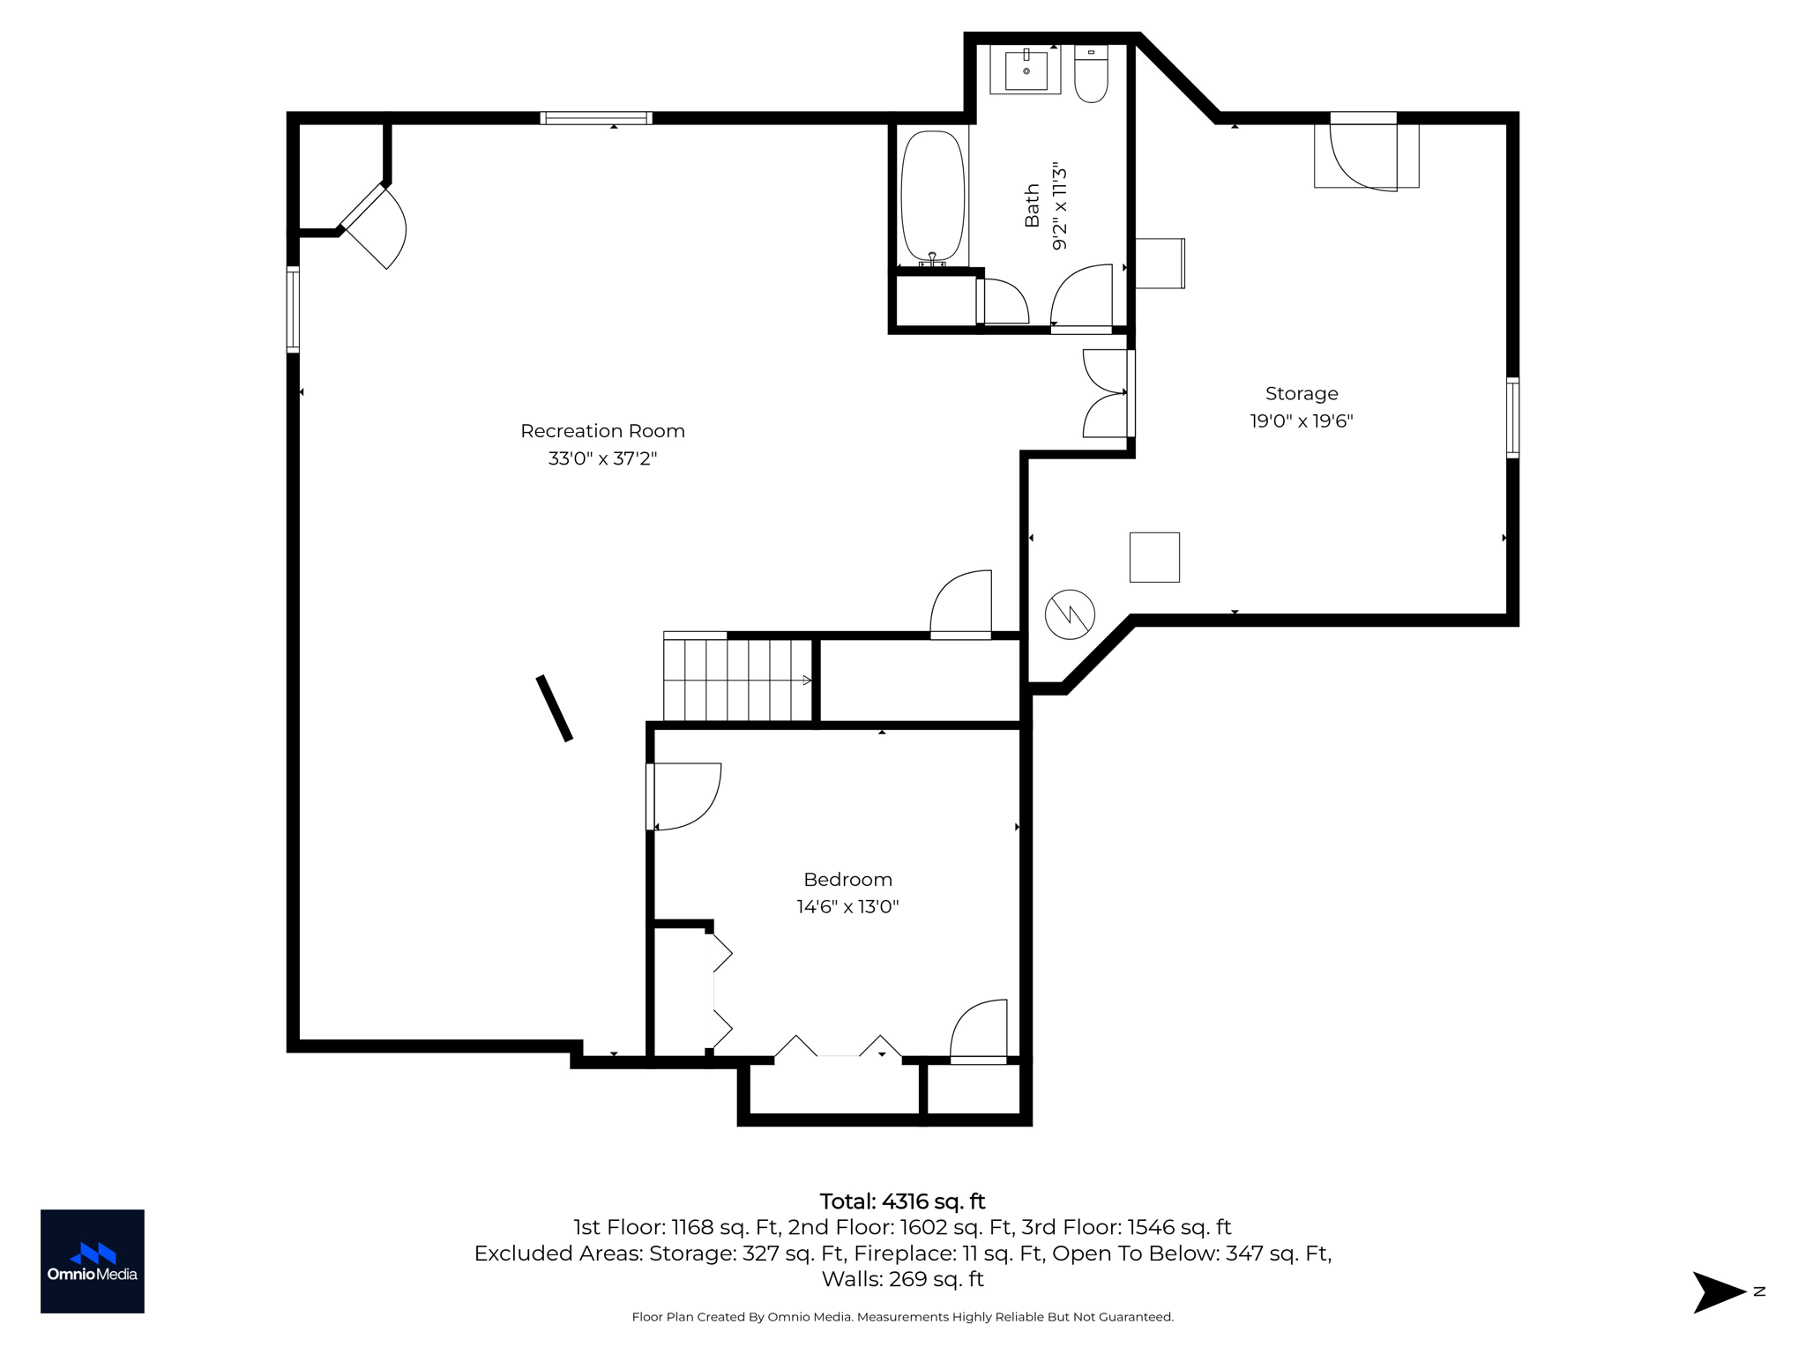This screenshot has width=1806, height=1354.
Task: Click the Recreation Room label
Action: tap(602, 431)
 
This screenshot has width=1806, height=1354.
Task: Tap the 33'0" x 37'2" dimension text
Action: tap(602, 458)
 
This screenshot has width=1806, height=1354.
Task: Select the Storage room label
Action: tap(1301, 394)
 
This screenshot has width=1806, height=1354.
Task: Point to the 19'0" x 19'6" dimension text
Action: tap(1301, 421)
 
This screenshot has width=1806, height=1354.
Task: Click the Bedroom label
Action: tap(847, 880)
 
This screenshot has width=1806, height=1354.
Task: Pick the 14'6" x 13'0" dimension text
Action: tap(847, 907)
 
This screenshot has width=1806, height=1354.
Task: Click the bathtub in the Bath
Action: tap(933, 196)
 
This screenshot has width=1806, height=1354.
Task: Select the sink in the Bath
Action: tap(1026, 71)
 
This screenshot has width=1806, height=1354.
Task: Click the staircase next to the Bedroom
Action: tap(737, 679)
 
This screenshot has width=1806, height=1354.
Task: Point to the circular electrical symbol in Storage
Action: tap(1070, 614)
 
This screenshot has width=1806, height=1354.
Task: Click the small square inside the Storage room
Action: tap(1154, 557)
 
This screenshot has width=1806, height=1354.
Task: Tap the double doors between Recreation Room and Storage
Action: tap(1107, 393)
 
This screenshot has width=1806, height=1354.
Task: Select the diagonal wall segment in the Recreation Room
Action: tap(555, 708)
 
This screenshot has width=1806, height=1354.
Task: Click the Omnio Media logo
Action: tap(93, 1261)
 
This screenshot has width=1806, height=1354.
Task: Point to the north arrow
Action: tap(1720, 1292)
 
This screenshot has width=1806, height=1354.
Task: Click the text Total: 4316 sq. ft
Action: tap(902, 1201)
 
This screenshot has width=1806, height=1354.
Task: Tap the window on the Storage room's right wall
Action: tap(1512, 418)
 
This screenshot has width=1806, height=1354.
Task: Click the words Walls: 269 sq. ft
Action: tap(902, 1278)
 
